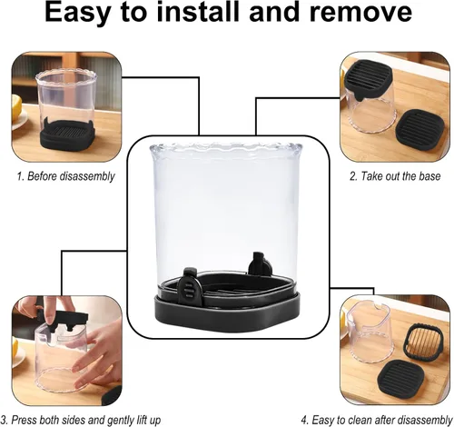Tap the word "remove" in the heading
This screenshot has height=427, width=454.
(x=360, y=13)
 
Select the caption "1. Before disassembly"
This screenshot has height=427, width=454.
(x=66, y=176)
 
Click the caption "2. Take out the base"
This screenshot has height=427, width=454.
(x=395, y=176)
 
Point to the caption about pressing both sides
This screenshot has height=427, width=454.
(x=81, y=420)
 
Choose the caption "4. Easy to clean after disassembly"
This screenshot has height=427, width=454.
(x=377, y=420)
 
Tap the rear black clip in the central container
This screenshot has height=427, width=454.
(x=259, y=263)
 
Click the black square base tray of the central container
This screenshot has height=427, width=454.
(x=228, y=312)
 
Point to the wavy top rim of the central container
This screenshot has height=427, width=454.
(x=226, y=148)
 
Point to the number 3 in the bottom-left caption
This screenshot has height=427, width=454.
(x=4, y=420)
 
